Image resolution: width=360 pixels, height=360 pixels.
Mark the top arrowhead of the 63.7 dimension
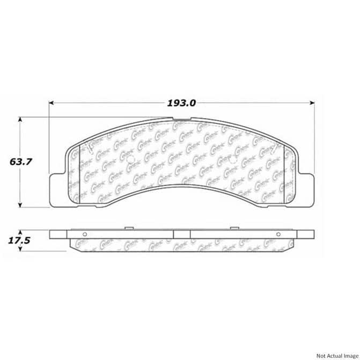[x=20, y=120]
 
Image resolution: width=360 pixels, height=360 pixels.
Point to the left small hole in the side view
[x=85, y=234]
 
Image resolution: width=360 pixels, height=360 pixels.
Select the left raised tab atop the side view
[x=129, y=229]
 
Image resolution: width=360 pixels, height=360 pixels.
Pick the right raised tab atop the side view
[x=234, y=229]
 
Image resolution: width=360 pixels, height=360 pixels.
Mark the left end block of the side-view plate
[x=59, y=234]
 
